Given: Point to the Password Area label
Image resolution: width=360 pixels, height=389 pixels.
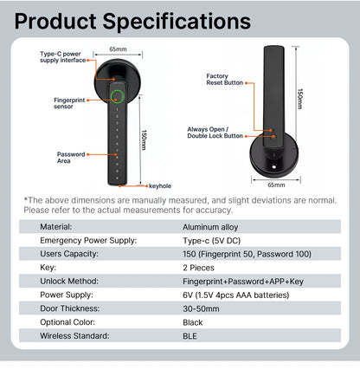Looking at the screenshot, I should point(71,156).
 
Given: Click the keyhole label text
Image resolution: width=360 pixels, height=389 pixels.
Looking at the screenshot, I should point(160,185).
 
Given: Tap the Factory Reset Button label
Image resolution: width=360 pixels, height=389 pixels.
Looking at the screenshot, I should point(224,80).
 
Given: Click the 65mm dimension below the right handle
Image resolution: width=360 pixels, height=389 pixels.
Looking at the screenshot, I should point(277,185).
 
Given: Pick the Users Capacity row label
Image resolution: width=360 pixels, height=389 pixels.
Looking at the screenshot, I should point(69,254).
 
